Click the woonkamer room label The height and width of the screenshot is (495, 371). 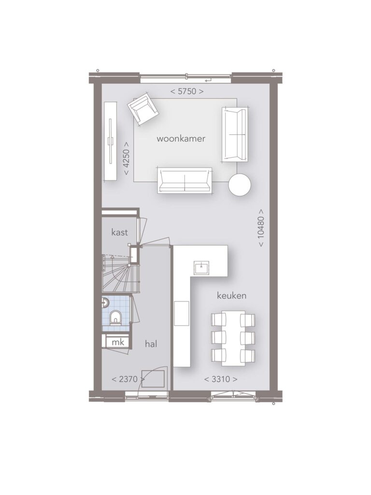pyautogui.click(x=181, y=139)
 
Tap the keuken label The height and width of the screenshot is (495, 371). pyautogui.click(x=231, y=296)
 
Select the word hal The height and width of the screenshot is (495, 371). pyautogui.click(x=151, y=344)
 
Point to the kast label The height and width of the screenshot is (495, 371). pyautogui.click(x=120, y=233)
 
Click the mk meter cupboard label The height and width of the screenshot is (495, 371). pyautogui.click(x=118, y=342)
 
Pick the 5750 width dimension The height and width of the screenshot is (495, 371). pyautogui.click(x=187, y=91)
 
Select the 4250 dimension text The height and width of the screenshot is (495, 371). pyautogui.click(x=126, y=158)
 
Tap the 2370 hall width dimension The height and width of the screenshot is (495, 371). pyautogui.click(x=128, y=379)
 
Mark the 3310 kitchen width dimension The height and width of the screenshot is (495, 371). pyautogui.click(x=221, y=379)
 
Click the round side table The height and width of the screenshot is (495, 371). pyautogui.click(x=240, y=185)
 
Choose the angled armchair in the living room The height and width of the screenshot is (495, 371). pyautogui.click(x=143, y=109)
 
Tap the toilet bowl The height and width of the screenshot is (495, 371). pyautogui.click(x=115, y=318)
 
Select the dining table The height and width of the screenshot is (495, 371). pyautogui.click(x=233, y=338)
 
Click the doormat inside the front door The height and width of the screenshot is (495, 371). pyautogui.click(x=154, y=379)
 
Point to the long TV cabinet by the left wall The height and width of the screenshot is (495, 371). pyautogui.click(x=111, y=142)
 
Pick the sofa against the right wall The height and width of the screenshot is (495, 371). pyautogui.click(x=235, y=134)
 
